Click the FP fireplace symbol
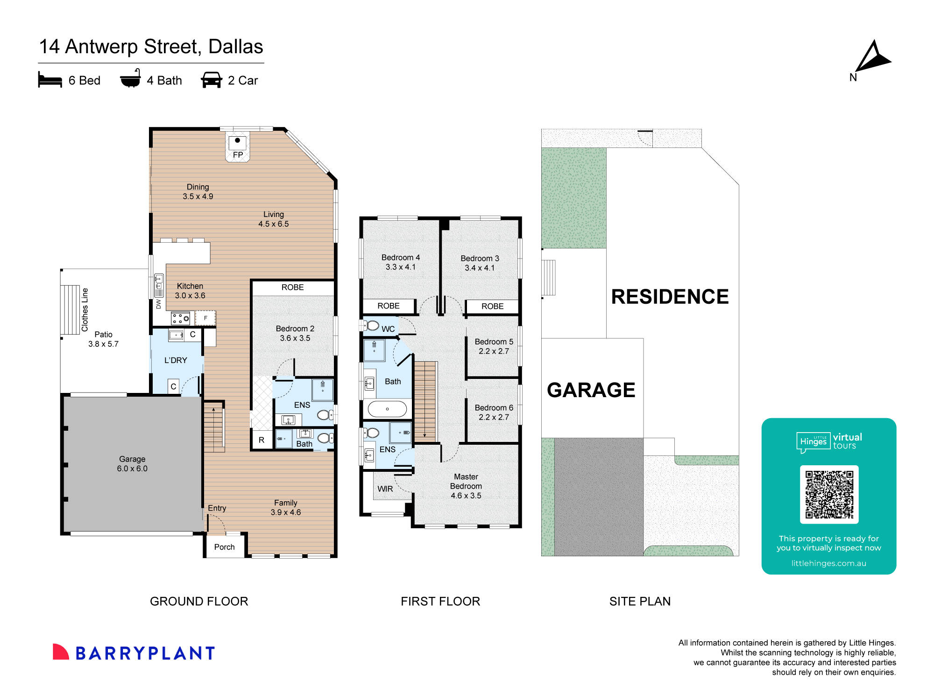pos(237,147)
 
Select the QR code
pos(829,494)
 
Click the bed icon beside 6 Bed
pos(50,80)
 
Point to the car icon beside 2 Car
pos(211,80)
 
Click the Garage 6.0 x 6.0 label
pos(132,463)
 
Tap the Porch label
pos(224,547)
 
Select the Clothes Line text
pos(85,309)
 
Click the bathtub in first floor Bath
pos(387,409)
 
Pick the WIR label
pos(385,489)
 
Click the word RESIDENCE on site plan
pos(669,297)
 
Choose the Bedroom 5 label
pos(494,346)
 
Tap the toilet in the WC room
pos(372,325)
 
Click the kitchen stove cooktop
pos(180,319)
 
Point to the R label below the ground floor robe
pos(261,440)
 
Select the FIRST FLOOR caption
pos(440,601)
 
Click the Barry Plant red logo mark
pos(60,652)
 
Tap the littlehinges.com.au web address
pos(828,563)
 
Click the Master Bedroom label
pos(466,486)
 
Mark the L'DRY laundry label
pos(176,360)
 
